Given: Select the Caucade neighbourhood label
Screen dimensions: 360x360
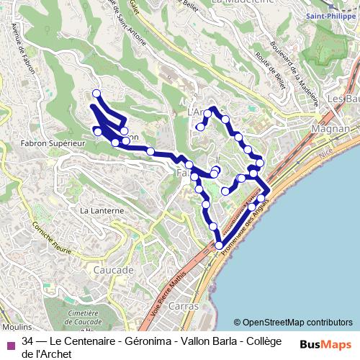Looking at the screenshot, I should [x=114, y=270].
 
